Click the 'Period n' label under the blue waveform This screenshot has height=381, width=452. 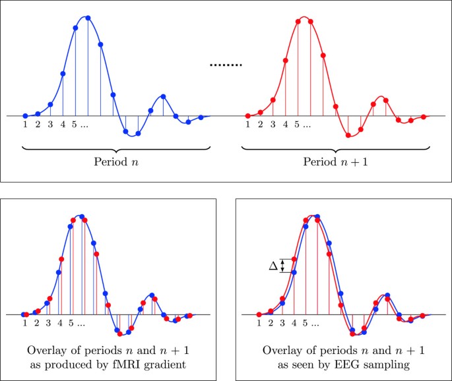coord(117,161)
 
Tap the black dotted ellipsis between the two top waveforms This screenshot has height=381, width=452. coord(226,65)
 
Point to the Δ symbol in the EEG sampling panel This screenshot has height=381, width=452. coord(273,265)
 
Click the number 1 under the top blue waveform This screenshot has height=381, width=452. coord(25,124)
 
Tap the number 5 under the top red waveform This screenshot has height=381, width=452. coord(297,124)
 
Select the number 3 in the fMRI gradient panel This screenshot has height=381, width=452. coord(48,323)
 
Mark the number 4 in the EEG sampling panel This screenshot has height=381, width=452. coord(294,323)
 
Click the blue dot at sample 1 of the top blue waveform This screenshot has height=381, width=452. coord(25,116)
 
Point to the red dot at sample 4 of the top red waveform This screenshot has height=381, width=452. coord(285,61)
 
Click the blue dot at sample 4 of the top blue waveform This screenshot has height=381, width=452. coord(63,74)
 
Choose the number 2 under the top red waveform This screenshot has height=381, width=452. coord(260,124)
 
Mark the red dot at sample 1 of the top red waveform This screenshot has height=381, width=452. coord(247,116)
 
